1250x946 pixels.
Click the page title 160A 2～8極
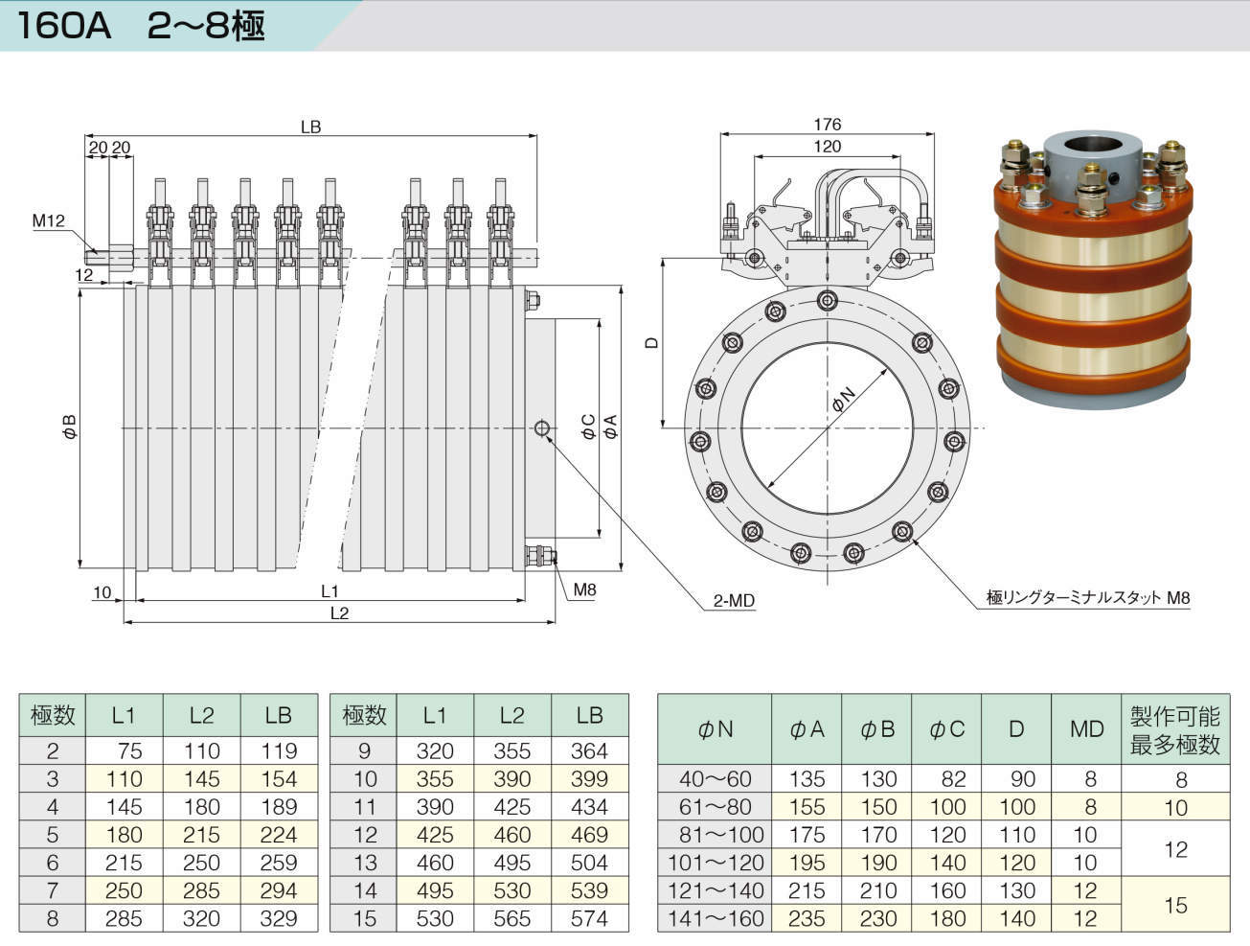pos(141,26)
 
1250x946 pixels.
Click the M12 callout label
pos(49,221)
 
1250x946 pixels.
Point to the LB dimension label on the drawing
pos(311,127)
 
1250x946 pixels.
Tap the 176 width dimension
pos(827,125)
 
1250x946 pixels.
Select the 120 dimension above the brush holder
pos(827,147)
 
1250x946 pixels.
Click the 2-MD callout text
pos(734,601)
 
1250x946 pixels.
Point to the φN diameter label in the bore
pos(844,400)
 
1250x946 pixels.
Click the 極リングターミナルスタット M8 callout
pos(1088,597)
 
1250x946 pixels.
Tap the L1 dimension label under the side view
pos(330,591)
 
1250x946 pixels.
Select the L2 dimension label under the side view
pos(339,613)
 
